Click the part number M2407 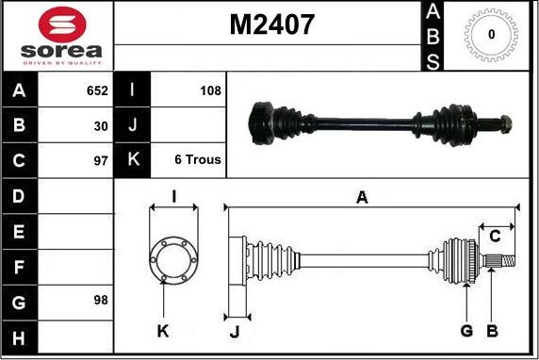coord(271,25)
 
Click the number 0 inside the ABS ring coord(492,34)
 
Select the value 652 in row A coord(97,90)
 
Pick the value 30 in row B coord(101,126)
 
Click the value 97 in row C coord(101,160)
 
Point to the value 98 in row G coord(101,300)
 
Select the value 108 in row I coord(210,90)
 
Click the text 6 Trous coord(198,159)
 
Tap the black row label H coord(19,337)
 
